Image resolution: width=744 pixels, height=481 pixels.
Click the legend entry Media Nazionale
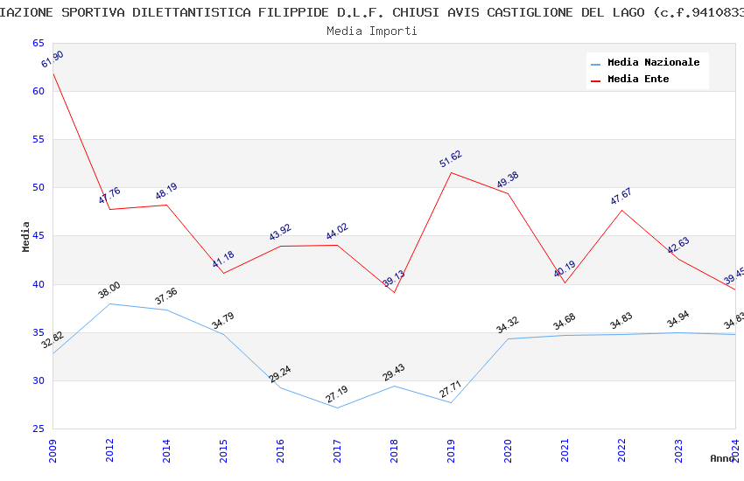pos(653,62)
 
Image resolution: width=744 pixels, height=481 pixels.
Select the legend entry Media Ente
pos(638,79)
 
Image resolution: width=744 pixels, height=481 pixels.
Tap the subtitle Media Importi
pos(372,31)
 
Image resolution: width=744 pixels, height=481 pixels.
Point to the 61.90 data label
pos(53,59)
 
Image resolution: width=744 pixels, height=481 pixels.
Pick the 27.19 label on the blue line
pos(337,394)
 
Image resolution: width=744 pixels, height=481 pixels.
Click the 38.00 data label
pos(109,290)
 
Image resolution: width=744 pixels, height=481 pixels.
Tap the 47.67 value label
pos(621,197)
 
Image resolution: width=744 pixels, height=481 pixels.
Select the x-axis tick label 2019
pos(451,450)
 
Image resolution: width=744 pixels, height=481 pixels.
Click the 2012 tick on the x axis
pos(109,450)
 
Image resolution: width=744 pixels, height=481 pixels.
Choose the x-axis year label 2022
pos(621,450)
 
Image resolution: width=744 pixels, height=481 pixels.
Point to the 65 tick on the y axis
pos(38,43)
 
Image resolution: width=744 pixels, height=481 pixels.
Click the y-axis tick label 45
pos(38,236)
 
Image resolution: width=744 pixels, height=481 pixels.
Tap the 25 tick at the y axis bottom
pos(38,429)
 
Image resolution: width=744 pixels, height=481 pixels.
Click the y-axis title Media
pos(26,236)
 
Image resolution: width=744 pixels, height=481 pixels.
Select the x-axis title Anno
pos(722,458)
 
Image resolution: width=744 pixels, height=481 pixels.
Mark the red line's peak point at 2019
pos(451,172)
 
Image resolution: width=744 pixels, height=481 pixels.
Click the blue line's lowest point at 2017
pos(337,408)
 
